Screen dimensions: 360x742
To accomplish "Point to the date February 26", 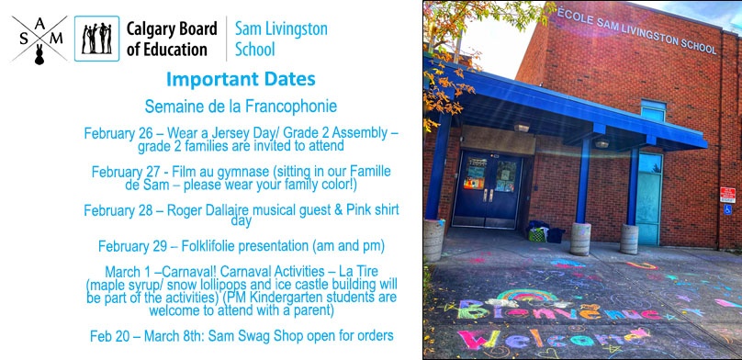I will tap(120, 132).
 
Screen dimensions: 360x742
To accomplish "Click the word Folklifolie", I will tap(207, 246).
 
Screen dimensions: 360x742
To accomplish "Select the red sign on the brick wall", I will tap(727, 194).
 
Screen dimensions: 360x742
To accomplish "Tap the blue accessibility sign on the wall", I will tap(726, 209).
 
